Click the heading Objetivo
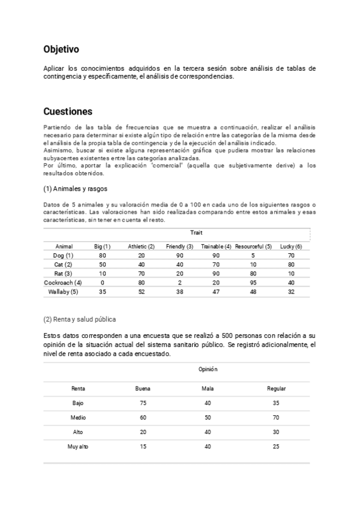[x=61, y=49]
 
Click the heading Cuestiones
[x=68, y=111]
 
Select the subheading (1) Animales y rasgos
[x=75, y=188]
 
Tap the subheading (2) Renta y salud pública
[x=80, y=319]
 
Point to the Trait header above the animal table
[x=196, y=232]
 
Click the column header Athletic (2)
[x=142, y=247]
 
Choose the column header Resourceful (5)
[x=253, y=247]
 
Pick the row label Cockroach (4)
[x=63, y=283]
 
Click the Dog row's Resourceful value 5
[x=253, y=256]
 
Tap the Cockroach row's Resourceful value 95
[x=253, y=283]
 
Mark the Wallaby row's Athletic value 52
[x=142, y=292]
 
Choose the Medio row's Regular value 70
[x=276, y=417]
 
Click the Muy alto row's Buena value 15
[x=143, y=446]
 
